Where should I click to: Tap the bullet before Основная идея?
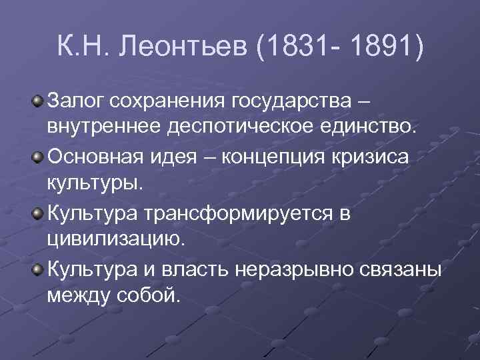tap(38, 158)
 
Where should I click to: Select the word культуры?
tap(95, 183)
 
